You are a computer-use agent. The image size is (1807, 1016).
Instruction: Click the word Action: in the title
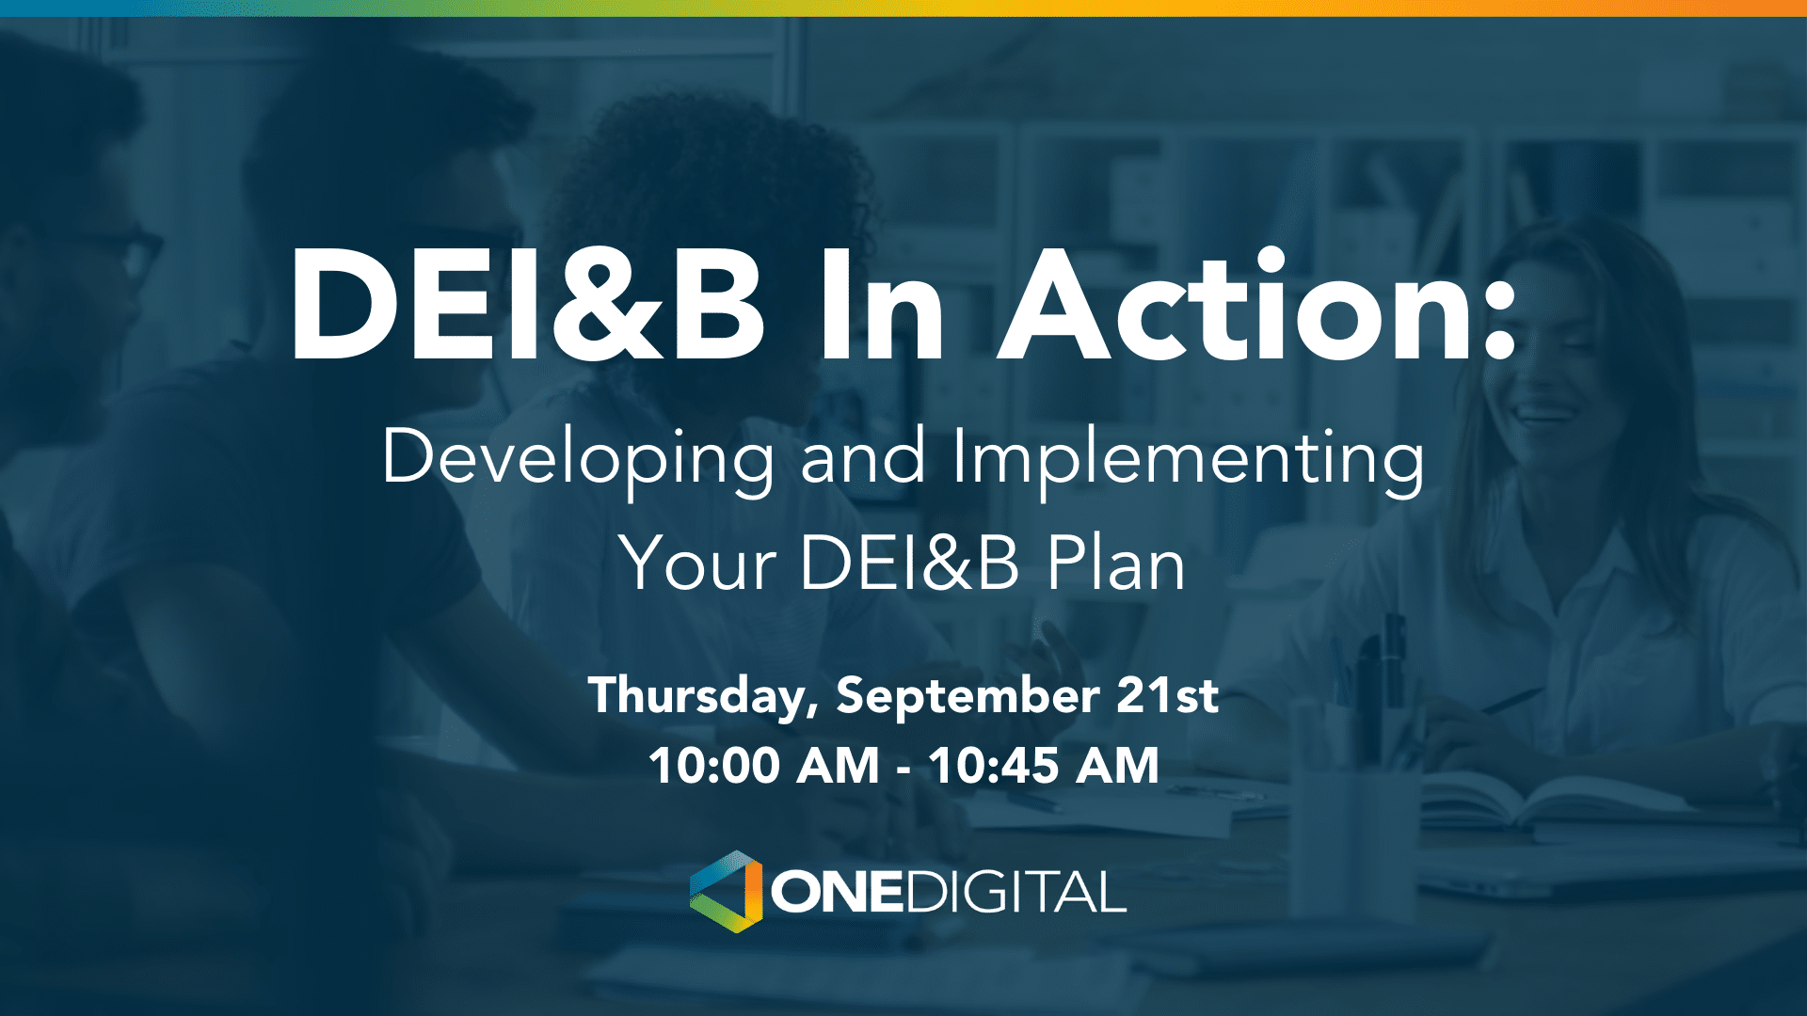pos(1256,308)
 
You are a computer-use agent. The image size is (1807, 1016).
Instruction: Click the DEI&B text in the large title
pos(527,308)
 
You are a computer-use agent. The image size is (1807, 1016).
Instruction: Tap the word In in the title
pos(880,308)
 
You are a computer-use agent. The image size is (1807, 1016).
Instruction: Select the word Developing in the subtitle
pos(577,458)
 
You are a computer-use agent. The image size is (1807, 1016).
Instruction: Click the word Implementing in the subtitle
pos(1188,458)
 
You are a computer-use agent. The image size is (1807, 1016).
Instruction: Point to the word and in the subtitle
pos(862,458)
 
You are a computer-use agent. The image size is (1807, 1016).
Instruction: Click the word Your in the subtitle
pos(697,564)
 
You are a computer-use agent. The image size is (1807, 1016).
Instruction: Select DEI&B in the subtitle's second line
pos(909,564)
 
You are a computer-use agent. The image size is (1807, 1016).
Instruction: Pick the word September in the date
pos(967,697)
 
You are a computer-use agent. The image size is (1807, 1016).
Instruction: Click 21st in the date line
pos(1167,695)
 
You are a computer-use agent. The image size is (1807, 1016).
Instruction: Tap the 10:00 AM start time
pos(763,766)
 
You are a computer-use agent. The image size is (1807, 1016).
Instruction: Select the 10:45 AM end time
pos(1043,766)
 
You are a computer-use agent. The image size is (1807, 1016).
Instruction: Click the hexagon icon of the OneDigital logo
pos(727,892)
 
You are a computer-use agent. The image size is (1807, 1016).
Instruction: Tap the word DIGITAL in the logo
pos(1016,892)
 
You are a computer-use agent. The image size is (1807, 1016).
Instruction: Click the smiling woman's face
pos(1543,376)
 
